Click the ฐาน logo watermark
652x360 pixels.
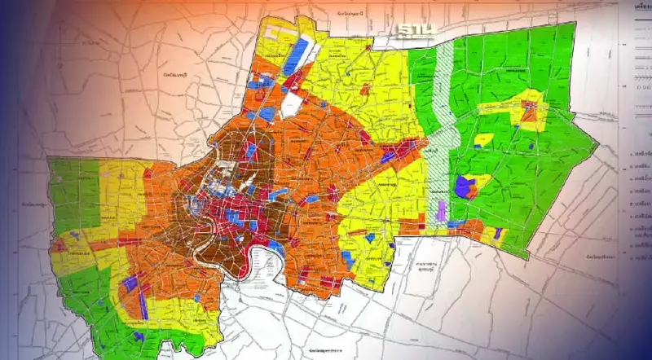(417, 30)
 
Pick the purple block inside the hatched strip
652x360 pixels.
(441, 212)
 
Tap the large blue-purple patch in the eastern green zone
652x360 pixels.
(467, 187)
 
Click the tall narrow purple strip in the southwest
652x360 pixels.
(143, 305)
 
